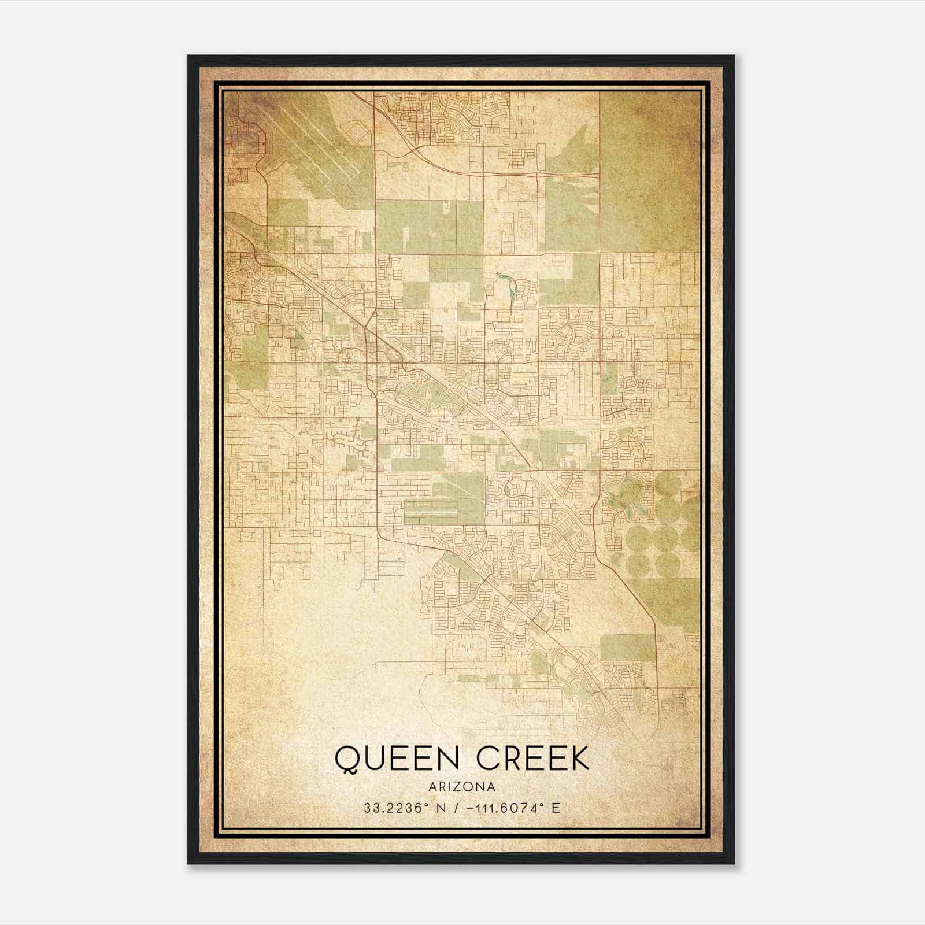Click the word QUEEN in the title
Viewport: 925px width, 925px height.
point(397,758)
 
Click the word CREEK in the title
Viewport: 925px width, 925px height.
point(532,758)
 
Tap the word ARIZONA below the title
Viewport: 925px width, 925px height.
point(462,787)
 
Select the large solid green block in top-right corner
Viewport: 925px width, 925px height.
point(647,173)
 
